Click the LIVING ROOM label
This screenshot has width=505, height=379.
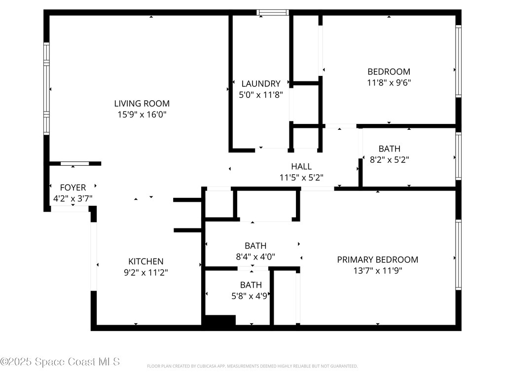pos(142,104)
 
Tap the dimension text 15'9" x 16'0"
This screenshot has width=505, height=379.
pos(142,114)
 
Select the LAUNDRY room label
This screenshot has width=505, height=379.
pos(260,84)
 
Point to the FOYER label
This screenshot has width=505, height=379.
pos(72,188)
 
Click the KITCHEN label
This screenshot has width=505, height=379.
pos(145,262)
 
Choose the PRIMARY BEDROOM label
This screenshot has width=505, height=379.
pos(377,260)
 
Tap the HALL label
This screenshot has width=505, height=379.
pos(301,167)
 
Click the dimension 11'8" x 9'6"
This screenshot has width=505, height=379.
pos(389,82)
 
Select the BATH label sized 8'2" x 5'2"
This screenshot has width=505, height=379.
pos(389,149)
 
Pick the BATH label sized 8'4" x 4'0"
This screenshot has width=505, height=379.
pos(255,246)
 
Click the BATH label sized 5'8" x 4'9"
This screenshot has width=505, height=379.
pos(251,285)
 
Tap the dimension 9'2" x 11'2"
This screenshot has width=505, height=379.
pos(145,272)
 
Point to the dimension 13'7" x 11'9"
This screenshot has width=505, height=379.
pos(377,270)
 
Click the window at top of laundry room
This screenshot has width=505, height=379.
pos(272,12)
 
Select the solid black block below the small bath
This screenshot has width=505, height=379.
pos(219,320)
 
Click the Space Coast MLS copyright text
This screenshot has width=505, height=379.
pos(60,362)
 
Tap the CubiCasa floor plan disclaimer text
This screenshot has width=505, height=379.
pos(252,366)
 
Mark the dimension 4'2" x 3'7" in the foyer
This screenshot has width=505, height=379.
pos(72,198)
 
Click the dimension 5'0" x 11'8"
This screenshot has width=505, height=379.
pos(260,95)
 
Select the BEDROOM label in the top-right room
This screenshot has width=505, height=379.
pos(389,72)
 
